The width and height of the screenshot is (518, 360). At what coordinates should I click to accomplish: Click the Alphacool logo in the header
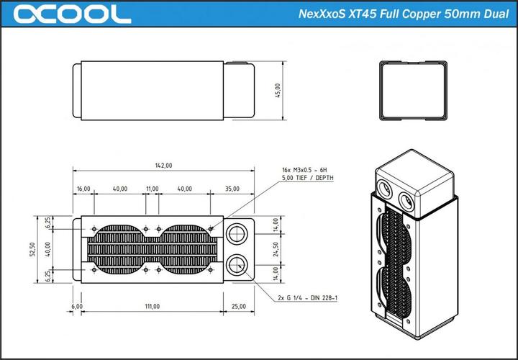click(71, 14)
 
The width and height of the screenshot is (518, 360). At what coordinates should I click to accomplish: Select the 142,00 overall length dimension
click(163, 166)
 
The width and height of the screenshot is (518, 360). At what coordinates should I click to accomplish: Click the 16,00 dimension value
click(83, 189)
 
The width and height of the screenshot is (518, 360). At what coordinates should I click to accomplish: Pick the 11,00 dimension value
click(152, 189)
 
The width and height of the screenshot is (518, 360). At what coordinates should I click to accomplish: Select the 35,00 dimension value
click(232, 189)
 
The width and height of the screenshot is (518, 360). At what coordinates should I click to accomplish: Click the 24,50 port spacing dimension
click(276, 248)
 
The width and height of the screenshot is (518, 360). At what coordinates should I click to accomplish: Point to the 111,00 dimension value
click(152, 307)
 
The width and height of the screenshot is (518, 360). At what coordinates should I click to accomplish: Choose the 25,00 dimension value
click(238, 307)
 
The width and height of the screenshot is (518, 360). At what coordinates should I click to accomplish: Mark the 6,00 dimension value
click(77, 307)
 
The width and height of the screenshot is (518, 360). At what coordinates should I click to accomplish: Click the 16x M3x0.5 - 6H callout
click(305, 170)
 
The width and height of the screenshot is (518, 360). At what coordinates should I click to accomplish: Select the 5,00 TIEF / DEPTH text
click(307, 178)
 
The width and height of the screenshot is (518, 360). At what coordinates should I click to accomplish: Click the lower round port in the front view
click(237, 264)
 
